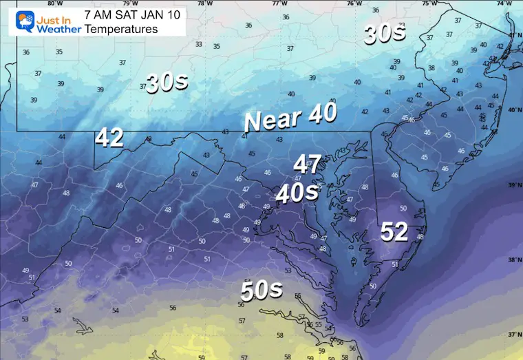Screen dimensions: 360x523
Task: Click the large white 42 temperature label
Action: [x=109, y=138]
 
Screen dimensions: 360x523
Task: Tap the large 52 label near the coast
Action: [x=394, y=232]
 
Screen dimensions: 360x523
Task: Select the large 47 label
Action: [x=308, y=165]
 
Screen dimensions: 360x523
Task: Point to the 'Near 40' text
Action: [x=290, y=118]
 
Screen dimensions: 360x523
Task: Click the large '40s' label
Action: [x=297, y=193]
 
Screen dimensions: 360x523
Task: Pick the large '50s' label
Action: [x=261, y=290]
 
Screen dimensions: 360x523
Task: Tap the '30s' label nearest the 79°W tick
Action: [x=167, y=83]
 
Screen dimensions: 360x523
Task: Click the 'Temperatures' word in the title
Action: [x=121, y=29]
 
